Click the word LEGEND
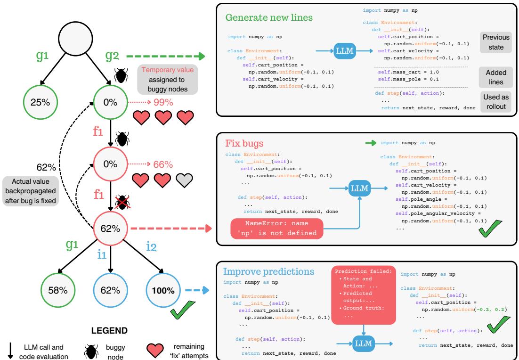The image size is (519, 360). [x=110, y=330]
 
